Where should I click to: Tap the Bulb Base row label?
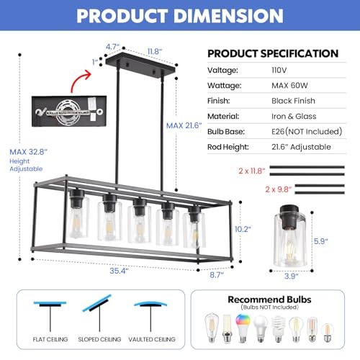[229, 132]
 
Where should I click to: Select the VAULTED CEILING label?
[151, 339]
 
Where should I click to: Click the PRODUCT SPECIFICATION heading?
[273, 53]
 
